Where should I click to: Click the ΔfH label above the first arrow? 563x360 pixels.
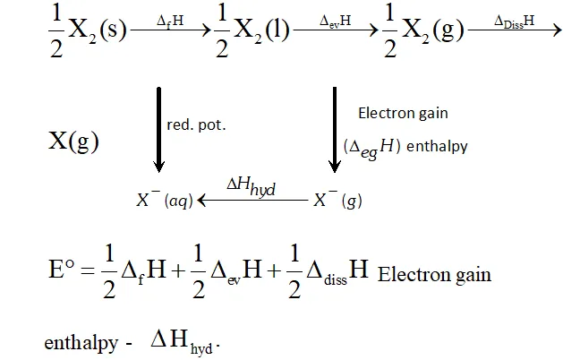[x=170, y=21]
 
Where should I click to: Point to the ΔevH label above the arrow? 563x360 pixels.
[x=335, y=21]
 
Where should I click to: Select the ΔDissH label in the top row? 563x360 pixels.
[x=514, y=21]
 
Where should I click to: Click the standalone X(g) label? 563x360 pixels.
[x=73, y=141]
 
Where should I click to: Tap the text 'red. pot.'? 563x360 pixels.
[x=196, y=125]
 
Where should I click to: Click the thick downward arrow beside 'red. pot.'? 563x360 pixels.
[x=158, y=130]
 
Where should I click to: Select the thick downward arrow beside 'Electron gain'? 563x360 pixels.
[x=335, y=130]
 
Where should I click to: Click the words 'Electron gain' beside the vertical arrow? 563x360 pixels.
[x=403, y=114]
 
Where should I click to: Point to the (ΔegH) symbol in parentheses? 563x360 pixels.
[x=371, y=147]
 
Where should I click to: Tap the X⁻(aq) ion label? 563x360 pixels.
[x=165, y=200]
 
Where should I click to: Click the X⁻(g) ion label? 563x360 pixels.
[x=337, y=200]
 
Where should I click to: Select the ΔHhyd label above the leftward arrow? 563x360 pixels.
[x=251, y=187]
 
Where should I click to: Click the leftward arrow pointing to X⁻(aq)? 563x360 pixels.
[x=252, y=200]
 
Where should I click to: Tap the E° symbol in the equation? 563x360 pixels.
[x=62, y=270]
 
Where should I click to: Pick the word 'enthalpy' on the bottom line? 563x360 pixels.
[x=81, y=343]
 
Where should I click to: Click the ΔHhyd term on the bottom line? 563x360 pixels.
[x=184, y=341]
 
